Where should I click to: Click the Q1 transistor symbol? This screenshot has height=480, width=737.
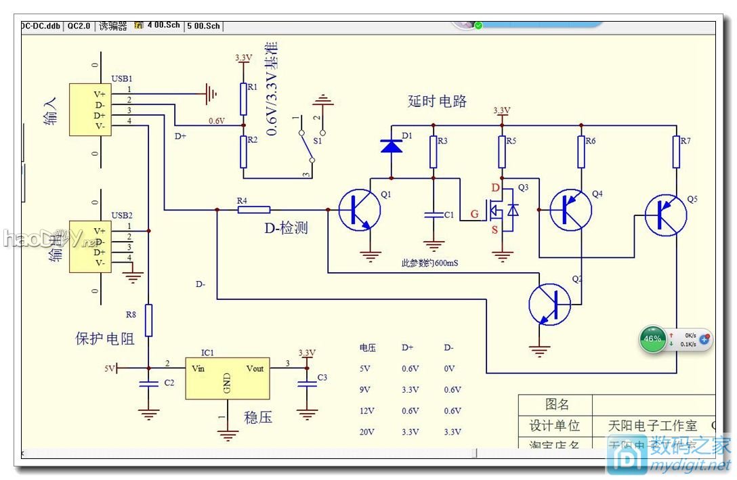[360, 210]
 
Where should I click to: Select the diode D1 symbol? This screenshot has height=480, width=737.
[392, 145]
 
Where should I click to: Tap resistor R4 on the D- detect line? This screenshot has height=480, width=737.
[254, 210]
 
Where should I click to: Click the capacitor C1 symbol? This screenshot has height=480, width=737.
[434, 215]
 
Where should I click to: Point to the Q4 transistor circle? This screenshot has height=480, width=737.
[570, 210]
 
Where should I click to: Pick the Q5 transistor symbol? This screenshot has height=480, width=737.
[665, 215]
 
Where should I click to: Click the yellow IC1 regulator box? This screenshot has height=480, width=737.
[228, 379]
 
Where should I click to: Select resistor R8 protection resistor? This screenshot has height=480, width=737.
[149, 320]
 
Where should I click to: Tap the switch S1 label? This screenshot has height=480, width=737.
[317, 141]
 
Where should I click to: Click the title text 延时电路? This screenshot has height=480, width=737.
[437, 102]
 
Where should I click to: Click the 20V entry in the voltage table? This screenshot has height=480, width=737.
[367, 432]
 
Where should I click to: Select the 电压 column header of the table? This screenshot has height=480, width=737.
[367, 347]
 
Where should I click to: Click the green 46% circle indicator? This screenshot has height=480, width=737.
[653, 339]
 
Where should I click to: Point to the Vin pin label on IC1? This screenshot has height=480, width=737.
[198, 368]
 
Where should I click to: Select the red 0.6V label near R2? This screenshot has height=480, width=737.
[216, 121]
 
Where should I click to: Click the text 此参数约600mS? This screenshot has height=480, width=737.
[427, 262]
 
